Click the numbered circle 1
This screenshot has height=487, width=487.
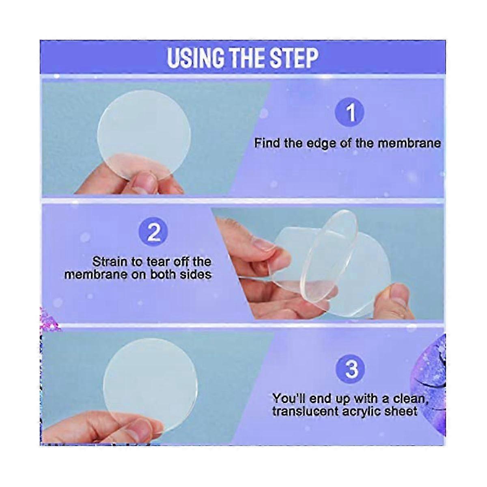point(349,112)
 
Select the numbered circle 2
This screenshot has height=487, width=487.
point(153,232)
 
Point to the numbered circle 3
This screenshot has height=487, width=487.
point(351,369)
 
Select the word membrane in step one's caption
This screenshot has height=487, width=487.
point(407,143)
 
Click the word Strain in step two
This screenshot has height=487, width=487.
point(110,262)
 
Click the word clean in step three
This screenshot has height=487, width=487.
point(409,399)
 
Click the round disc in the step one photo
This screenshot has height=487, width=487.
point(144,134)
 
